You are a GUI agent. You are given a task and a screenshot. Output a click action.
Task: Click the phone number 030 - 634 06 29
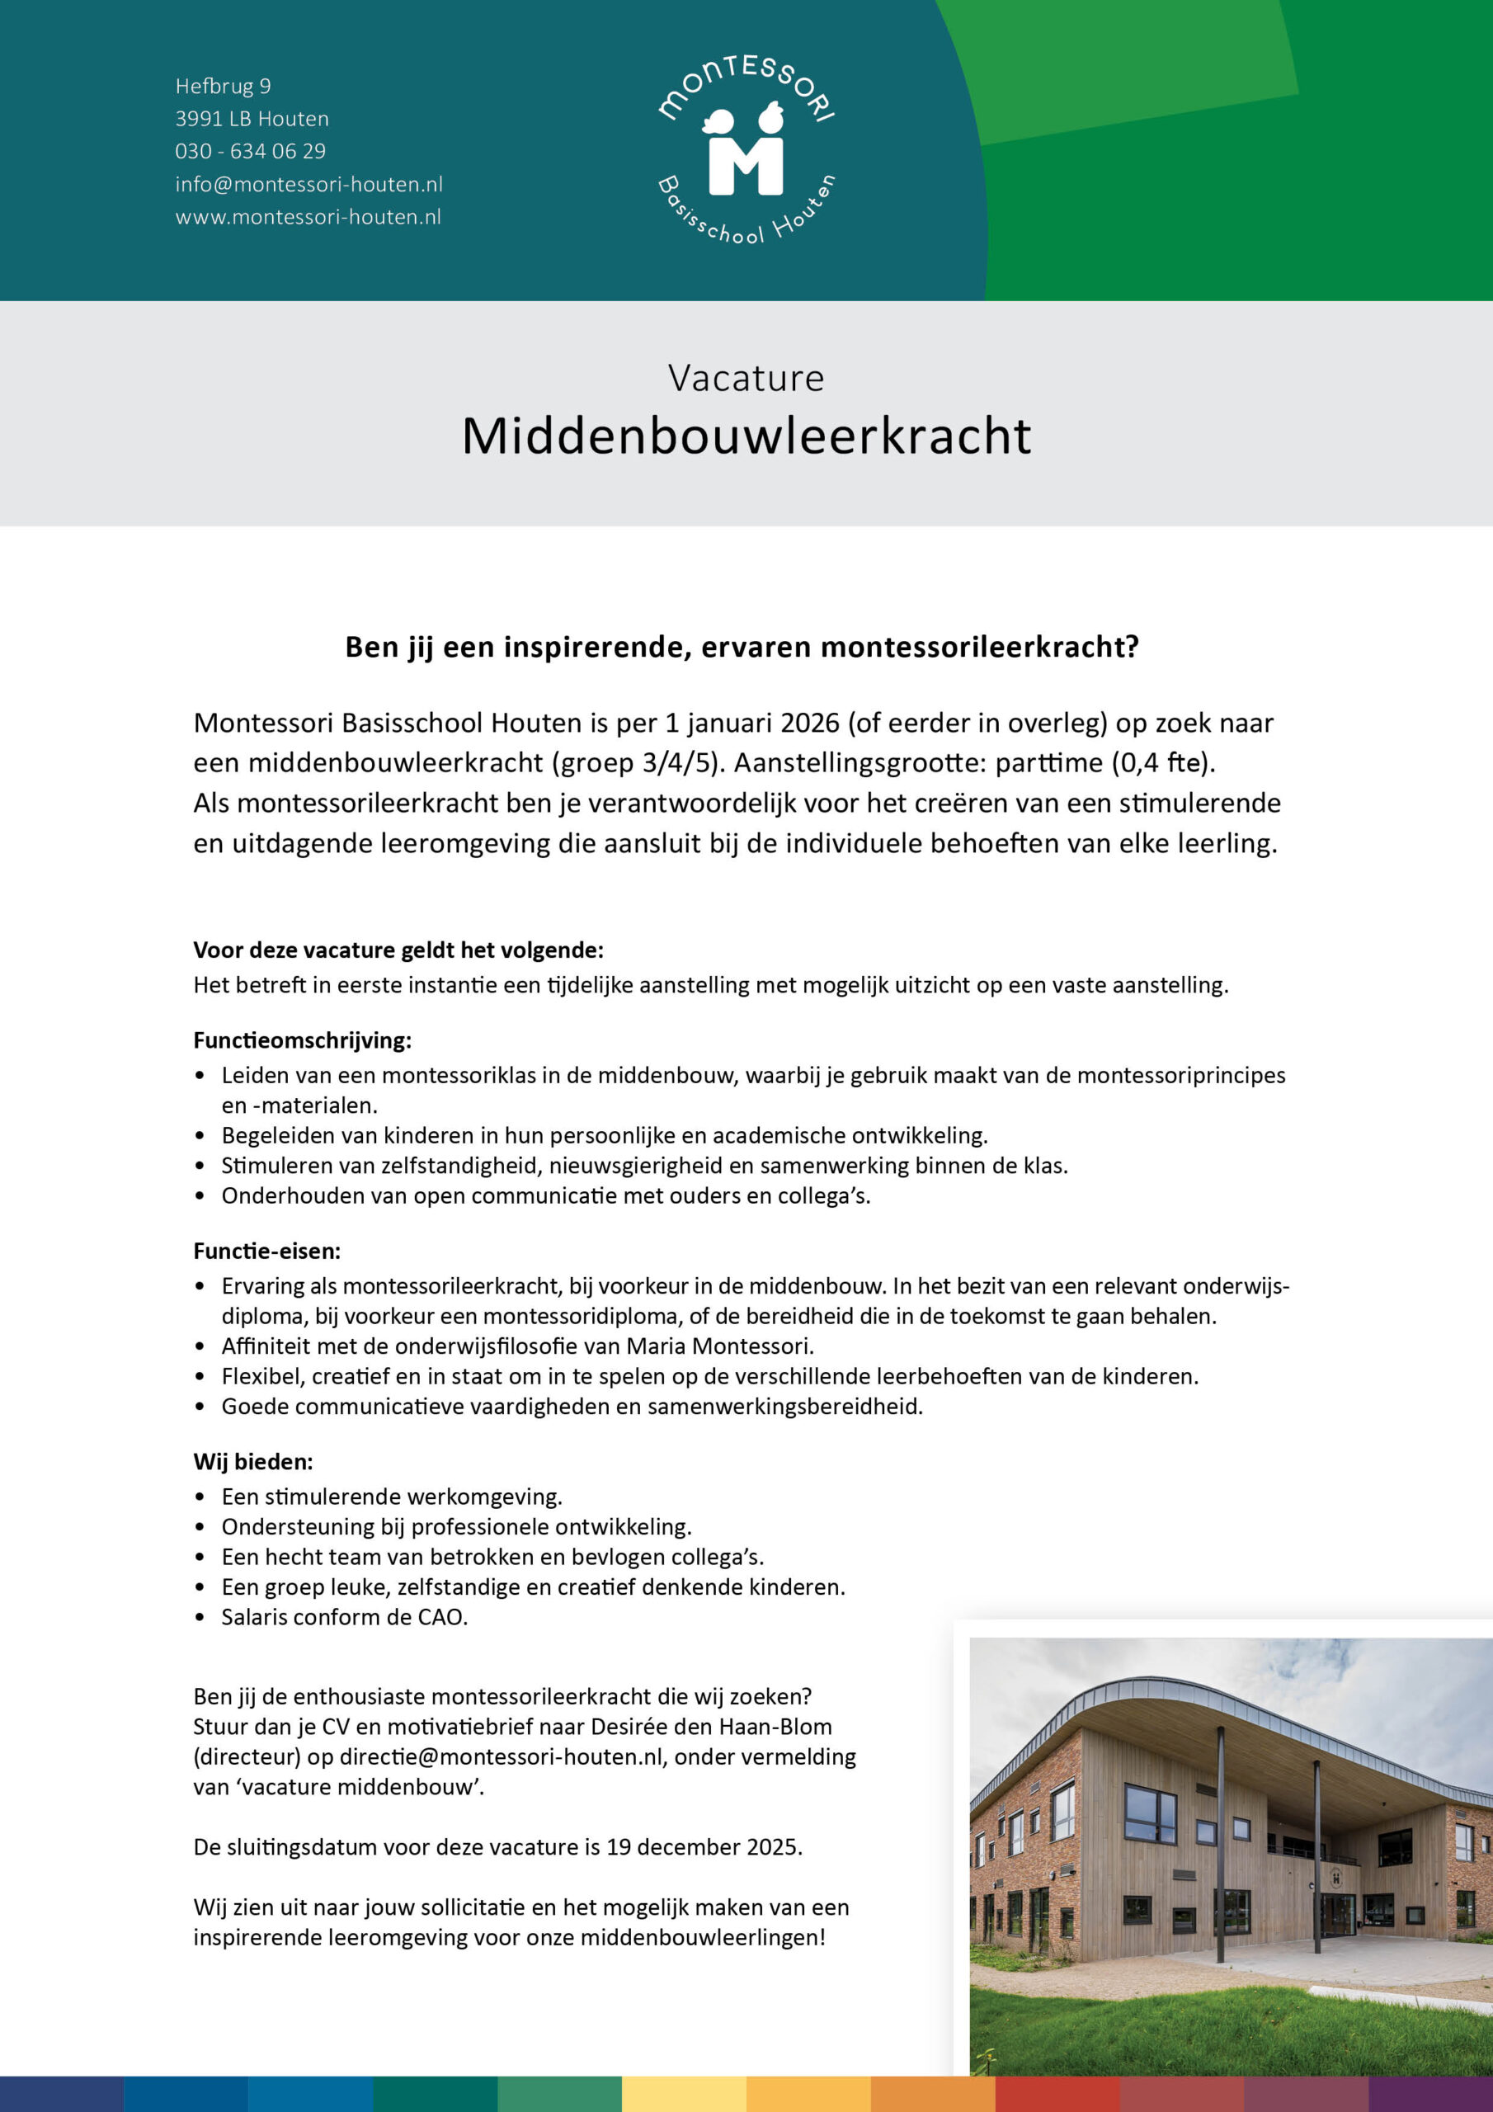coord(250,151)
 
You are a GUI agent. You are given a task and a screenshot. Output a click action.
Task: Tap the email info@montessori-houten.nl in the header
coord(308,184)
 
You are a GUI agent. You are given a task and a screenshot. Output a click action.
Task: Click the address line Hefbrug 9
coord(223,87)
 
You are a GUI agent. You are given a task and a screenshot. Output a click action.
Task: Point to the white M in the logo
coord(745,166)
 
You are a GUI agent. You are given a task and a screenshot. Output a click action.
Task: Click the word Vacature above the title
coord(746,378)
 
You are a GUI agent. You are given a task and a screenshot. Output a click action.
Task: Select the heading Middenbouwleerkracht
coord(746,436)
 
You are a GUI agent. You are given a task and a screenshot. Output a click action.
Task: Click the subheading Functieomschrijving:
coord(302,1040)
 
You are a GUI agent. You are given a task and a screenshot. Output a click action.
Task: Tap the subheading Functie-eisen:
coord(266,1251)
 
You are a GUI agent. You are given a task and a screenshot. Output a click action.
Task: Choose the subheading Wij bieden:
coord(253,1462)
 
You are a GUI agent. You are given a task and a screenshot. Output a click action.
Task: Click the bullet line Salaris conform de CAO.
coord(344,1617)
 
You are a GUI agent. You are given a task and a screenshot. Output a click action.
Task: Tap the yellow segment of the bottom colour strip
coord(684,2094)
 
